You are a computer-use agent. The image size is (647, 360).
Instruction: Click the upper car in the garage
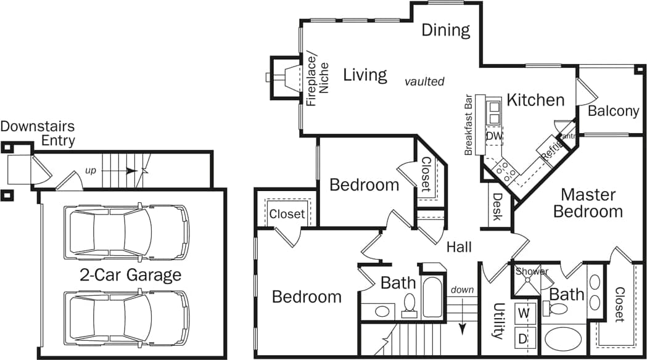pos(126,232)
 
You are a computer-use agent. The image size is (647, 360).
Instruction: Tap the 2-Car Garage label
pos(130,274)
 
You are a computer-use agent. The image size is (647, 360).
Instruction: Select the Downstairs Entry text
pos(38,134)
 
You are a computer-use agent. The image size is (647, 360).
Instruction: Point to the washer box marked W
pos(524,312)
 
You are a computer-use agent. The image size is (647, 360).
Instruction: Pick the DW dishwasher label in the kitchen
pos(494,136)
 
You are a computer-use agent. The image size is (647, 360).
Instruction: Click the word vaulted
pos(424,81)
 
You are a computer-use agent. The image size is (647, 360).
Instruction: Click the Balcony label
pos(613,111)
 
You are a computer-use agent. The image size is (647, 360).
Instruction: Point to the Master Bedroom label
pos(588,203)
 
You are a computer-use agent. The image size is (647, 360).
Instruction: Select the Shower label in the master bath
pos(532,271)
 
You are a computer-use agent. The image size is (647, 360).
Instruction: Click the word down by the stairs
pos(462,290)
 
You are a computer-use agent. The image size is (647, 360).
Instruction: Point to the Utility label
pos(497,321)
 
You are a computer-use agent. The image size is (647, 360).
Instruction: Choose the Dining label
pos(446,30)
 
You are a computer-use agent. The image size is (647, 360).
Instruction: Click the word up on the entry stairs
pos(91,170)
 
